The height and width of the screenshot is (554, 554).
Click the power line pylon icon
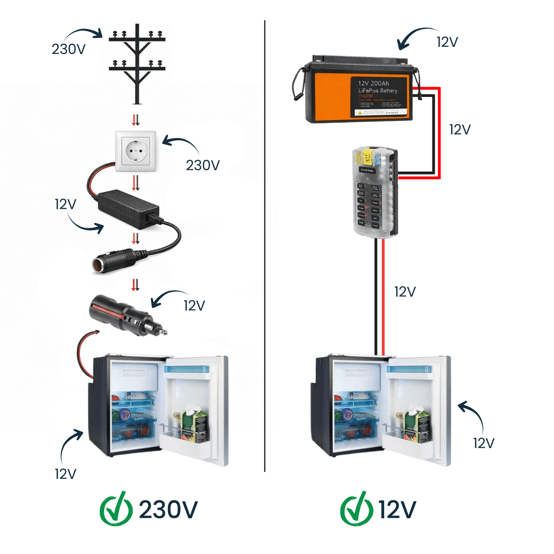[137, 63]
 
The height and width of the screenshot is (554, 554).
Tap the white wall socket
[135, 151]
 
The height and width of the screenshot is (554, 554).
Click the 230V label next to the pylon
[68, 49]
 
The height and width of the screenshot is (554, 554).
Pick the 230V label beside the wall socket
[203, 165]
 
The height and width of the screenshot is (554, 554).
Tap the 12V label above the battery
[447, 42]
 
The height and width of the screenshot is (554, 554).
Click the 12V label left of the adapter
[65, 205]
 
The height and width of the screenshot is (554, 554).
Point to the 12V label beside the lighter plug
[194, 306]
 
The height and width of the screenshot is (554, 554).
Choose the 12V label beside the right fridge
[484, 443]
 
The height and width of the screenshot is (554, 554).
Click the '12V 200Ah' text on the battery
[374, 83]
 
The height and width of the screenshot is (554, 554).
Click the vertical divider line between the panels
[264, 246]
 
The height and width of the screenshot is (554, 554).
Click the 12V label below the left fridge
[65, 474]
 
